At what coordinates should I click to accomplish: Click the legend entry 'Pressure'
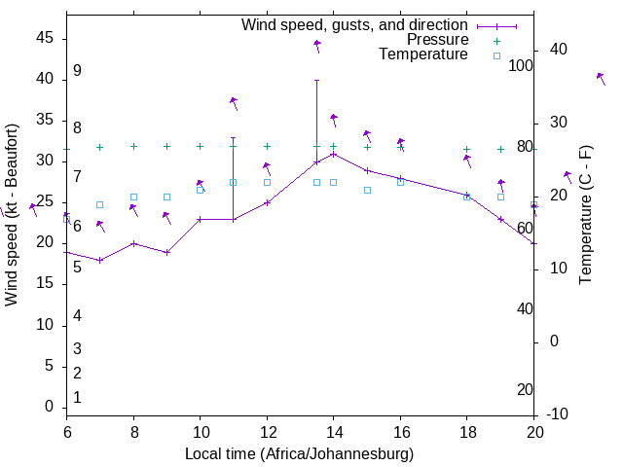437,40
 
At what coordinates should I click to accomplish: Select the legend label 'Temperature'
423,54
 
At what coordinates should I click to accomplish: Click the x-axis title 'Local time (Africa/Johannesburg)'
300,454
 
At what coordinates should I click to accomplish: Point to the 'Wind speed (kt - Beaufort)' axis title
12,215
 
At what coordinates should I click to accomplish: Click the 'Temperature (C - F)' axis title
585,215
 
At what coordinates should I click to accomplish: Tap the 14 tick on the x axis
334,430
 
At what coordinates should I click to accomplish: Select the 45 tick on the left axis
45,39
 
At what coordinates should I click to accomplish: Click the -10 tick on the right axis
558,414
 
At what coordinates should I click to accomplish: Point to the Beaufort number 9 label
77,71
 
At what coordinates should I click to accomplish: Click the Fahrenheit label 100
522,65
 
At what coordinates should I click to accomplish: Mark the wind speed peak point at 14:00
334,154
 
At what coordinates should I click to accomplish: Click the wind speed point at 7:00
99,260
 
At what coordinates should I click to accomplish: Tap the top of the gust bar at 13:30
316,80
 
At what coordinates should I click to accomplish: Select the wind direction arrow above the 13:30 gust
317,45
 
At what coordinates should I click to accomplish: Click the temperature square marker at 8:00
133,197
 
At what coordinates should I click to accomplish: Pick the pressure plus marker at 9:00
166,146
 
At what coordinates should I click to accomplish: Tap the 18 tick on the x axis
467,430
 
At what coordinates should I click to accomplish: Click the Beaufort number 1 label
77,397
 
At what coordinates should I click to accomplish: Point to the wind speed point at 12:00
267,202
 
